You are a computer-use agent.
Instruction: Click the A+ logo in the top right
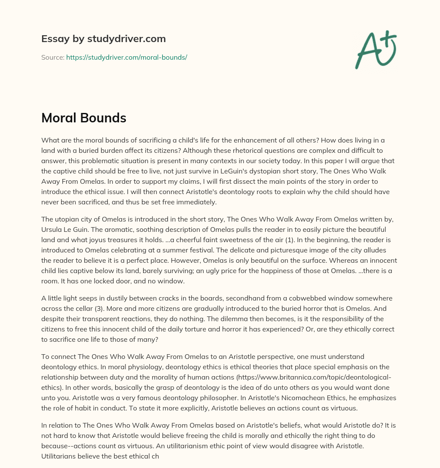[376, 49]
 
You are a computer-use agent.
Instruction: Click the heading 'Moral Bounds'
[84, 119]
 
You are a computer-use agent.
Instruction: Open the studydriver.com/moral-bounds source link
[126, 57]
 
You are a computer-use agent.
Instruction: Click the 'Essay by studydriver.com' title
[104, 39]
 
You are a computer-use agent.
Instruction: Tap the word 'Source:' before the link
[52, 57]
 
